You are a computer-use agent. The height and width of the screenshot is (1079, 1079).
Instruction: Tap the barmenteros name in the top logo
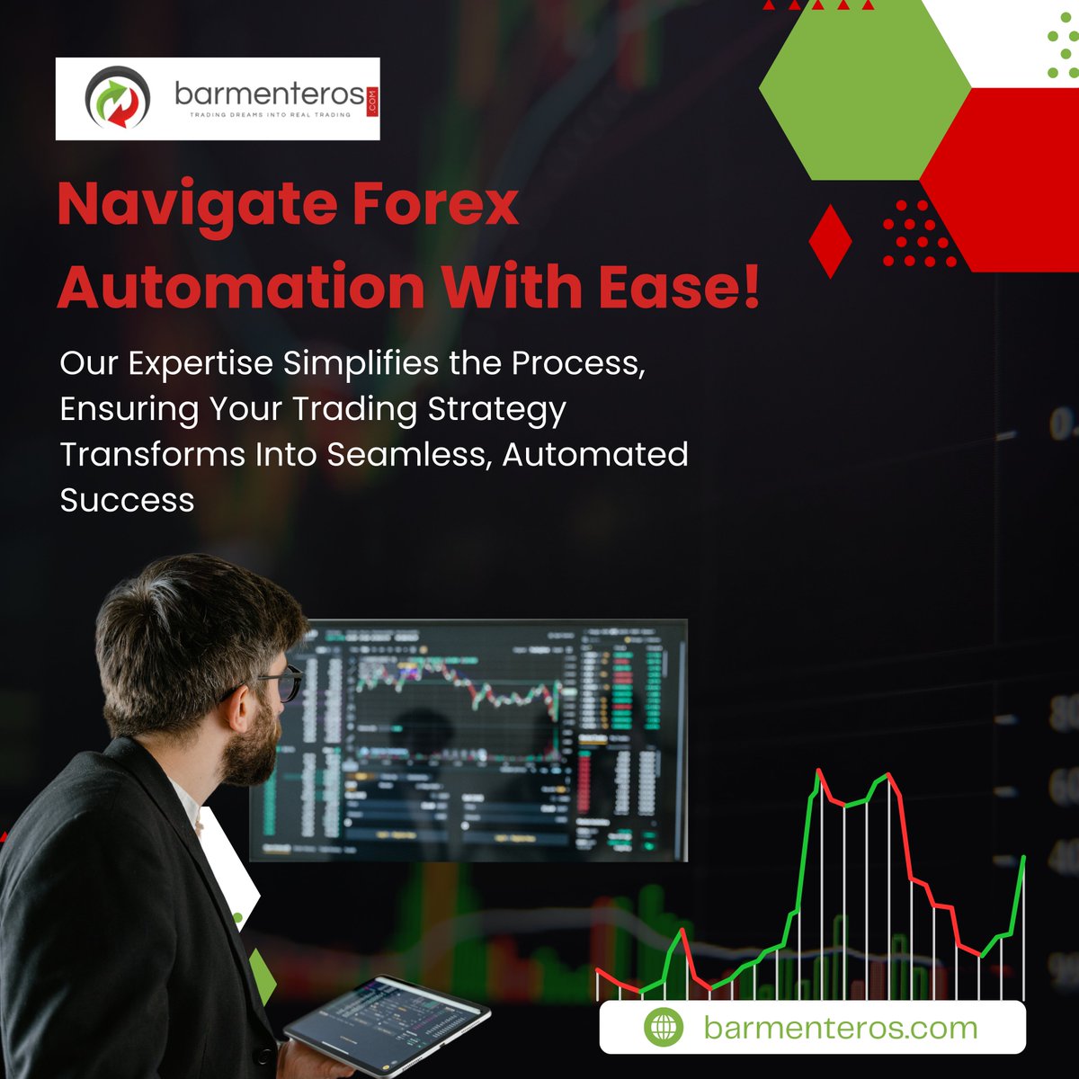269,93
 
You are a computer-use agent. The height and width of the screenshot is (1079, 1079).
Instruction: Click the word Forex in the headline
435,205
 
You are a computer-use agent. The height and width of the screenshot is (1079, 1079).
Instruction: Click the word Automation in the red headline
241,286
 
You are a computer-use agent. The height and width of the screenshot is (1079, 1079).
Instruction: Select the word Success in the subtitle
127,500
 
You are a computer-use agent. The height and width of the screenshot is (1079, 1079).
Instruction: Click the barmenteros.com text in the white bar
840,1027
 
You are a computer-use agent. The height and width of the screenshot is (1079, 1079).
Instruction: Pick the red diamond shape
830,241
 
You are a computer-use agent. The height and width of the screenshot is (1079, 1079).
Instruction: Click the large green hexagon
865,90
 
